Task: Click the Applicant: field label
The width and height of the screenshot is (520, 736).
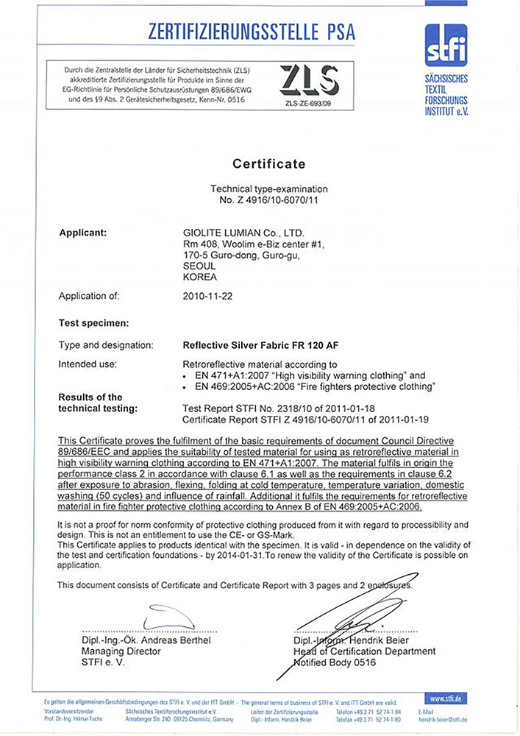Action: [83, 233]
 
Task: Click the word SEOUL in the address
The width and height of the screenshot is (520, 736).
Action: [199, 266]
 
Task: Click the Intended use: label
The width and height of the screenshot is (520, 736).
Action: [88, 364]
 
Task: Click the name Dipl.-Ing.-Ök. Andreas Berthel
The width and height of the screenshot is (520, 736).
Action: [146, 640]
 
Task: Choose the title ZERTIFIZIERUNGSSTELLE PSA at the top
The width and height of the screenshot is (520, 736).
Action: [252, 31]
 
